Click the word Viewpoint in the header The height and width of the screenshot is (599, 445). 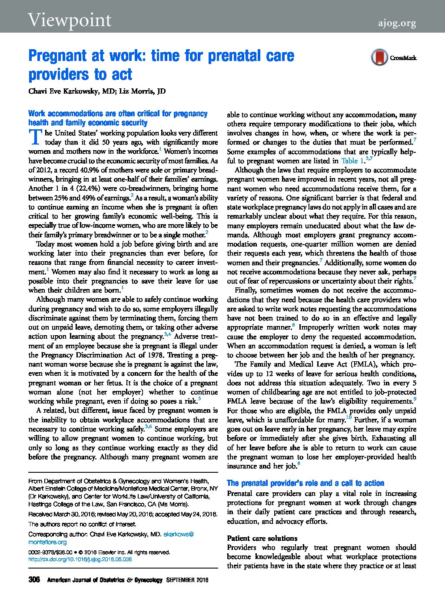pos(70,20)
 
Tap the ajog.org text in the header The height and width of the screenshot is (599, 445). pos(396,23)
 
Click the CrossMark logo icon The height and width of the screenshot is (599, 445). pos(379,57)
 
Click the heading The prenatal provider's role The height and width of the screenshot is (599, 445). pos(305,483)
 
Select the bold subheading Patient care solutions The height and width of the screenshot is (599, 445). pos(262,538)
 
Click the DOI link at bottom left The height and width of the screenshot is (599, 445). pos(80,559)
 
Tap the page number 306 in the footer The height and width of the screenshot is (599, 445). pos(34,580)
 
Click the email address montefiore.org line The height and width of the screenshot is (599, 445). pos(47,542)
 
